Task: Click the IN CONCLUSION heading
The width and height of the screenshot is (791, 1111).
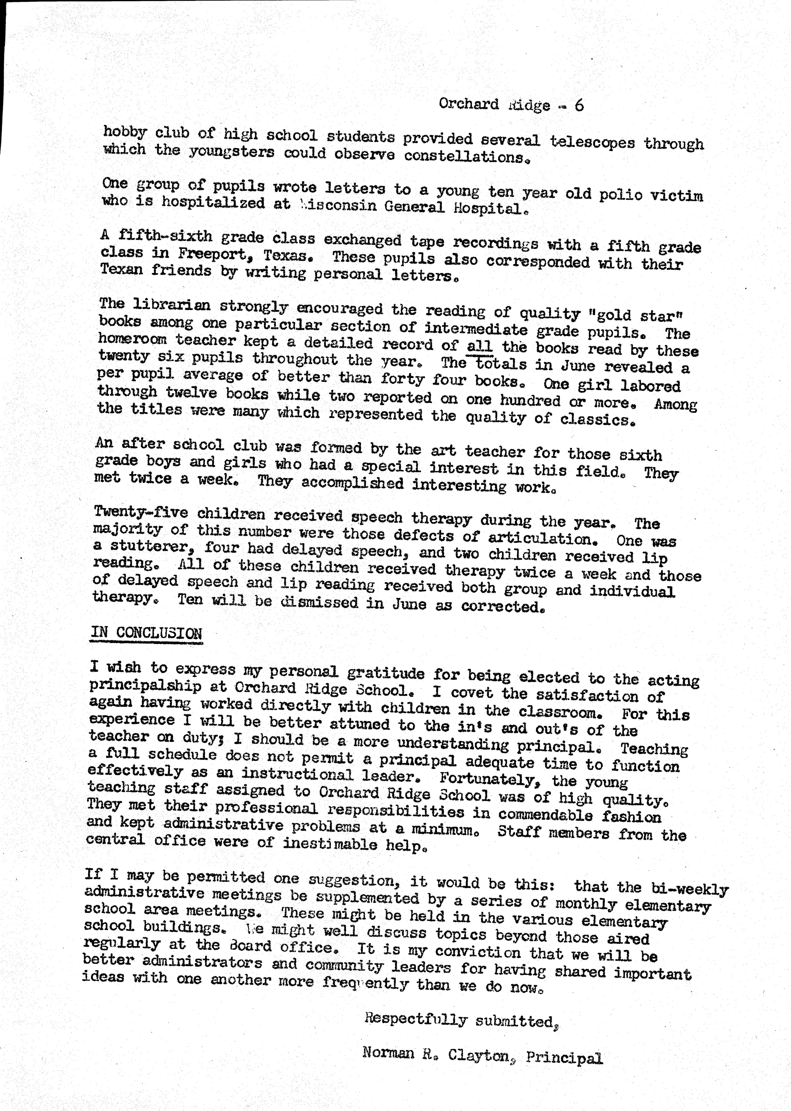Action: [146, 633]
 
